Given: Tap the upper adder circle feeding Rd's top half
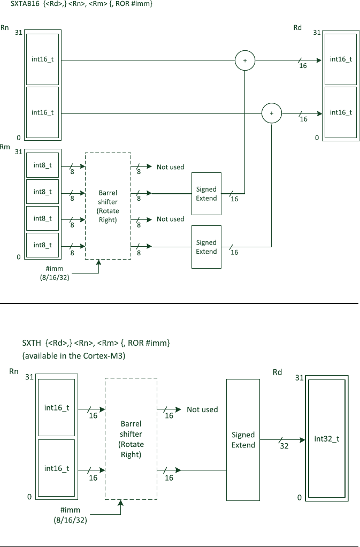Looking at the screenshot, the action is [245, 60].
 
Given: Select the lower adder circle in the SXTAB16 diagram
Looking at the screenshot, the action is [272, 113].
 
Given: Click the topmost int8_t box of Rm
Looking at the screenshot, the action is [42, 165].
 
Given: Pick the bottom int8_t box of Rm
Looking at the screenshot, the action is [42, 245].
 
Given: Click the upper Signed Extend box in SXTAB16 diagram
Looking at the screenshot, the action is [206, 194].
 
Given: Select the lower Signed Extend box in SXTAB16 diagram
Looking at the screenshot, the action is [206, 247].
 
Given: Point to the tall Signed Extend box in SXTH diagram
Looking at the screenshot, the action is [243, 440].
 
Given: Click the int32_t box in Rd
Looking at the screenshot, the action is [327, 439].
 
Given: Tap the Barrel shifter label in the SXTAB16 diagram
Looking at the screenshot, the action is [108, 206].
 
